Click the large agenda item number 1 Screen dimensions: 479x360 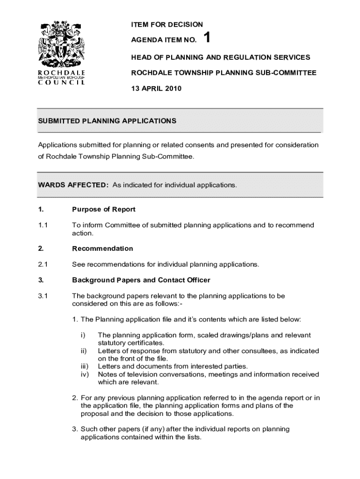(x=208, y=38)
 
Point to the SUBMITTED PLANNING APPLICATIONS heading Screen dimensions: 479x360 (x=107, y=121)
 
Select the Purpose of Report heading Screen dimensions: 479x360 (x=104, y=209)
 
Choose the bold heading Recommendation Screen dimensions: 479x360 (x=102, y=248)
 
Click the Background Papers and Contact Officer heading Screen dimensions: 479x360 (x=141, y=280)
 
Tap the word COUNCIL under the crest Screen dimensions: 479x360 (x=61, y=83)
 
